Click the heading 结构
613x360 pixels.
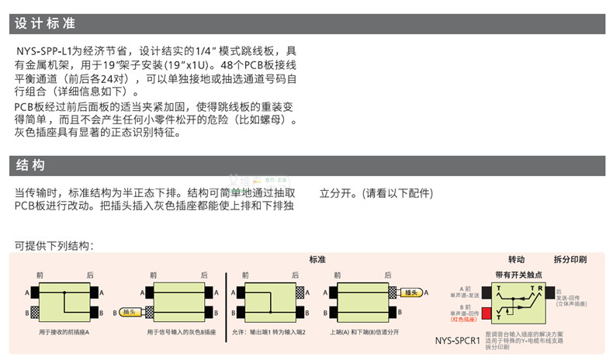(x=29, y=165)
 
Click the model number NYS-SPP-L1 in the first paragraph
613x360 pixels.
(x=43, y=50)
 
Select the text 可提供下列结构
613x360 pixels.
(x=54, y=246)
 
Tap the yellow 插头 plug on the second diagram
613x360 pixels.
(x=129, y=312)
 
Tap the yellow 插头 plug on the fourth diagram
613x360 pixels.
(x=412, y=292)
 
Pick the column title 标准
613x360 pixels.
(x=317, y=258)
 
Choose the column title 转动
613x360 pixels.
(x=516, y=258)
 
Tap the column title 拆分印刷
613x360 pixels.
(x=570, y=258)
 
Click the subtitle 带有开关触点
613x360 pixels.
(x=518, y=274)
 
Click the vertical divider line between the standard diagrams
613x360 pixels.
(x=225, y=303)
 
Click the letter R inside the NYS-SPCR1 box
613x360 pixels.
(x=540, y=287)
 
